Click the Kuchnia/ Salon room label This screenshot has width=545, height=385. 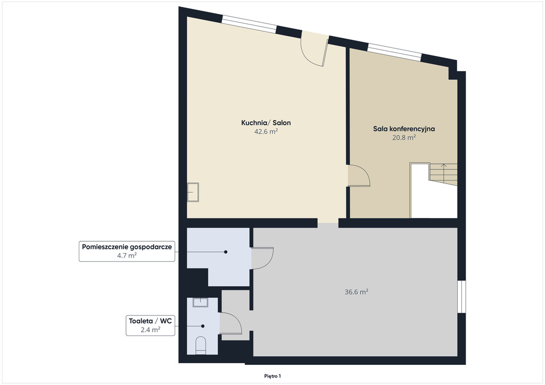(x=266, y=122)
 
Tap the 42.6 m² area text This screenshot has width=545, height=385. (x=266, y=131)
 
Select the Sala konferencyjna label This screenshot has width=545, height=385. (x=404, y=129)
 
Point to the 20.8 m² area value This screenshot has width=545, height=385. (x=404, y=138)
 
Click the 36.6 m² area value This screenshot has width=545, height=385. (x=356, y=292)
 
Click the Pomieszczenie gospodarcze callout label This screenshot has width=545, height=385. (x=127, y=247)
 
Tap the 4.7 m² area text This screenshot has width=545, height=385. (x=127, y=256)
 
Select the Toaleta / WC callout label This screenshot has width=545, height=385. (x=150, y=321)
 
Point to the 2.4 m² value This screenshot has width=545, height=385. (x=150, y=330)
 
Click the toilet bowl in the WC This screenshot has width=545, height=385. (x=201, y=346)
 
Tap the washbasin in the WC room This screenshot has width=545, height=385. (x=201, y=303)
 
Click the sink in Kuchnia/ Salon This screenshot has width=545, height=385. (x=193, y=192)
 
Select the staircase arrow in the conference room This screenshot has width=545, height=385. (x=444, y=171)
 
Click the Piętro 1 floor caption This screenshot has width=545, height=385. (x=272, y=376)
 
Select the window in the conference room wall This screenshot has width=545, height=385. (x=394, y=52)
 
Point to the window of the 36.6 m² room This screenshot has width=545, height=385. (x=461, y=297)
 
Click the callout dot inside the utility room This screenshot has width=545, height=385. (x=226, y=252)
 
